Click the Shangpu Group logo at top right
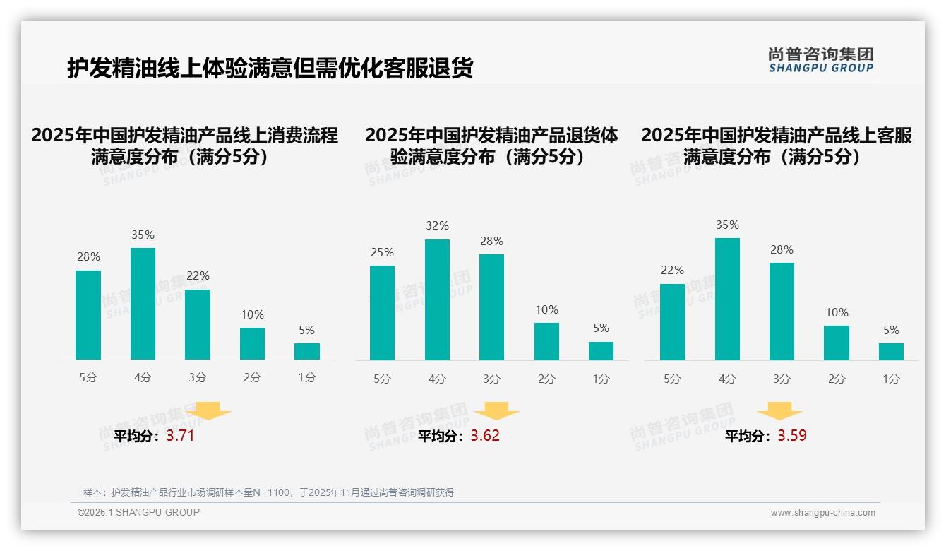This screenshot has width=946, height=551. pyautogui.click(x=820, y=60)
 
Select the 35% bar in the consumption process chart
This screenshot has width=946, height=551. pyautogui.click(x=143, y=304)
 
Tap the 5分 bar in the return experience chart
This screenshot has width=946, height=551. pyautogui.click(x=382, y=313)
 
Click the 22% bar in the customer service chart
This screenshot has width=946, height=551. pyautogui.click(x=671, y=322)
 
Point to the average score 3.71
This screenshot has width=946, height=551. pyautogui.click(x=180, y=436)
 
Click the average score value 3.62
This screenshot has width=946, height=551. pyautogui.click(x=485, y=436)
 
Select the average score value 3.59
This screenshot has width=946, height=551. pyautogui.click(x=792, y=436)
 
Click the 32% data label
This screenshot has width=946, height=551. pyautogui.click(x=437, y=226)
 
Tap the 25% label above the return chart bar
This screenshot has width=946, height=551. pyautogui.click(x=382, y=253)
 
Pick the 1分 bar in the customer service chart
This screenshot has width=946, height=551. pyautogui.click(x=891, y=352)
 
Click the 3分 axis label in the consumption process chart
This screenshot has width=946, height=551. pyautogui.click(x=198, y=378)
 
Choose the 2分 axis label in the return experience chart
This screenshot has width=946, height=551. pyautogui.click(x=546, y=379)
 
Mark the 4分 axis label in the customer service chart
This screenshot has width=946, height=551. pyautogui.click(x=727, y=379)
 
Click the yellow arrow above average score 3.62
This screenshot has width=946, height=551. pyautogui.click(x=496, y=411)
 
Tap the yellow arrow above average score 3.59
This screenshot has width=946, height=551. pyautogui.click(x=779, y=411)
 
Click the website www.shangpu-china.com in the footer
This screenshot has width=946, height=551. pyautogui.click(x=822, y=513)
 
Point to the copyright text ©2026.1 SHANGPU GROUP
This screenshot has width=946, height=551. pyautogui.click(x=138, y=512)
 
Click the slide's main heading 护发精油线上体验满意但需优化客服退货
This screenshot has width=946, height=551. pyautogui.click(x=270, y=69)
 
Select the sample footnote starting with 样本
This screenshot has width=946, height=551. pyautogui.click(x=268, y=492)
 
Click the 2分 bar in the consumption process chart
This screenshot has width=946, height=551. pyautogui.click(x=252, y=344)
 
